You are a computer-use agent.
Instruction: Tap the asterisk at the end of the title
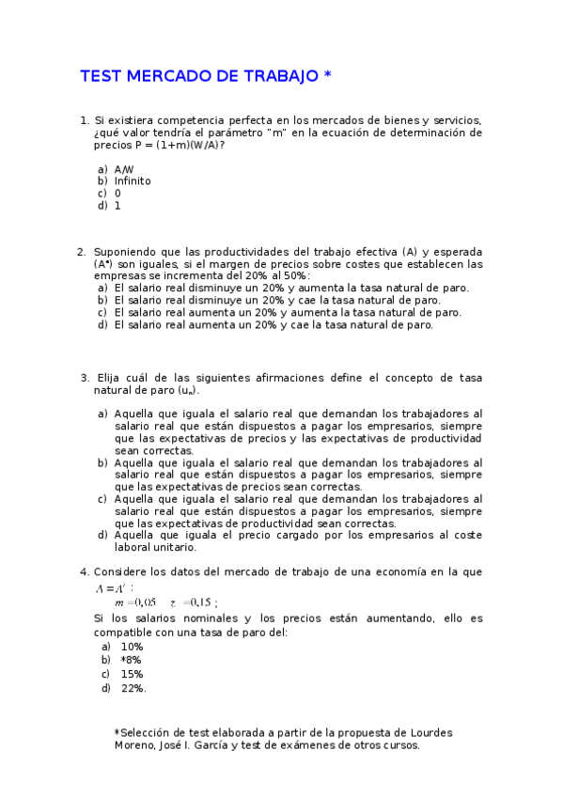(x=327, y=75)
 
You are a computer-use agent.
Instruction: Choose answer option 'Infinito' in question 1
(x=133, y=180)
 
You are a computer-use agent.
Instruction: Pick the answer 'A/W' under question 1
(x=124, y=169)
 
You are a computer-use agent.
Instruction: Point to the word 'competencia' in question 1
(x=200, y=121)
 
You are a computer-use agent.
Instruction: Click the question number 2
(x=81, y=252)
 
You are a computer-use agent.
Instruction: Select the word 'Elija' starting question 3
(x=112, y=378)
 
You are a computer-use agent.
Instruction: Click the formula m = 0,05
(x=134, y=602)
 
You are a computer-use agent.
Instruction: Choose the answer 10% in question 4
(x=132, y=647)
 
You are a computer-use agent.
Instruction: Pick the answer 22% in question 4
(x=133, y=688)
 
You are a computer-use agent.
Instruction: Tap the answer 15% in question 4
(x=132, y=674)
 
